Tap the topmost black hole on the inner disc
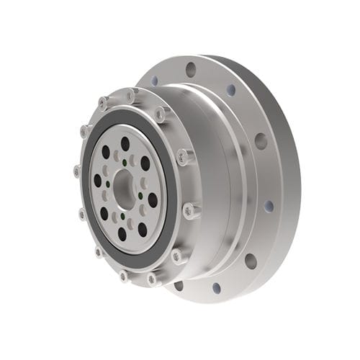click(125, 143)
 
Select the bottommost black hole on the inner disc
click(122, 234)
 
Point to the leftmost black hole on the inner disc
click(97, 180)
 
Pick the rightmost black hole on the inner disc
click(153, 200)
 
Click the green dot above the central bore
click(124, 161)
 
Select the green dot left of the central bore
click(108, 184)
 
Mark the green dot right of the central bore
click(140, 195)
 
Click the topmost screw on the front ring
click(130, 95)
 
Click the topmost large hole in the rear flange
click(191, 69)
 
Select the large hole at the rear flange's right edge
click(261, 140)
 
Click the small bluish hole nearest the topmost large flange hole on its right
click(230, 90)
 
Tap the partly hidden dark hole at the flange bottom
click(178, 285)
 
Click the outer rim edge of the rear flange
click(294, 180)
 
